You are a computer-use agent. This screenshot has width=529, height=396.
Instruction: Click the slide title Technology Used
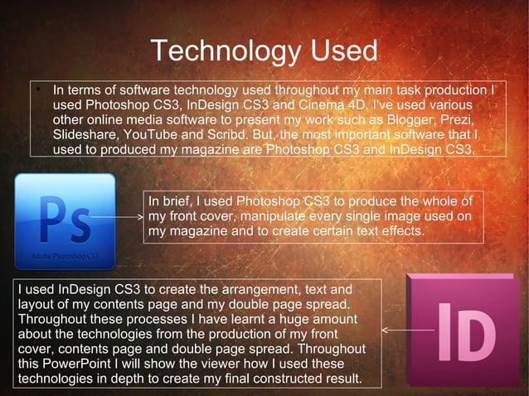click(x=264, y=51)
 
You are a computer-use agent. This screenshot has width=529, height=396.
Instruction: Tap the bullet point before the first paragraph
click(x=36, y=89)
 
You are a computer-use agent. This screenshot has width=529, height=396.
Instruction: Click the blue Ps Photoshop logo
click(x=65, y=218)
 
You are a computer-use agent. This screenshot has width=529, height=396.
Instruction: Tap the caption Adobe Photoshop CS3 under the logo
click(x=65, y=256)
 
